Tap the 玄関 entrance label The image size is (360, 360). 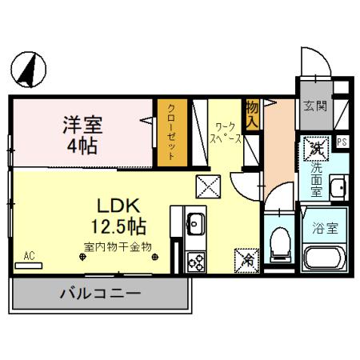click(314, 106)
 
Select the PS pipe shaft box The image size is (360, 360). click(342, 142)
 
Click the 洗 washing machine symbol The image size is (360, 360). click(314, 147)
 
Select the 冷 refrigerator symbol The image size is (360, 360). click(248, 258)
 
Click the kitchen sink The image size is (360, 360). click(194, 225)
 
